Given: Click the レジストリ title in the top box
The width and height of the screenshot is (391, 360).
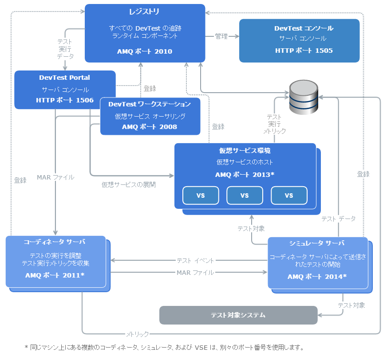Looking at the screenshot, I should pos(145,12).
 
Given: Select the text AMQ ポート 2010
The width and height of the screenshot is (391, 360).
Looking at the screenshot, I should pos(145,51).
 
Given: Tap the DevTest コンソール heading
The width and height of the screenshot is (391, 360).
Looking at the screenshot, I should pos(304,28).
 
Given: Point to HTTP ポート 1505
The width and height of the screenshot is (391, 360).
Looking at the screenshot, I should pos(304,51).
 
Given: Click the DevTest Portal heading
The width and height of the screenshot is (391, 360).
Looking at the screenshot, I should pos(65,78).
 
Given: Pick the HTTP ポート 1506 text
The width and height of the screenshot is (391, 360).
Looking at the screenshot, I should pos(65,100).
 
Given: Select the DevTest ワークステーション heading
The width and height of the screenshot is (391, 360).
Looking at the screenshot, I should pos(150,104).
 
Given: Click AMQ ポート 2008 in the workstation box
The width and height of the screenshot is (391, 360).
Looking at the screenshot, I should pos(150,127).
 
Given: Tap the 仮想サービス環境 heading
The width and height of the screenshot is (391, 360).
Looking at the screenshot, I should pos(245,151).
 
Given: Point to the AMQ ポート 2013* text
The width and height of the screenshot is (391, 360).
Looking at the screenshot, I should pos(245,175).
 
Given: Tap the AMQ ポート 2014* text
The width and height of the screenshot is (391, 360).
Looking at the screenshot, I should pos(317,277).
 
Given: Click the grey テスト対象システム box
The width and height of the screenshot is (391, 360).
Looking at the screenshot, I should pos(238,315).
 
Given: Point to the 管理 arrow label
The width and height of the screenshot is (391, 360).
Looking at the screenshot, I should pos(221,36).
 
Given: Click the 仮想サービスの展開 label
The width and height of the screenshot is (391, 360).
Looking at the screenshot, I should pos(129,184).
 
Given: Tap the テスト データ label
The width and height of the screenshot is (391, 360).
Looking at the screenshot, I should pos(338,219).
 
